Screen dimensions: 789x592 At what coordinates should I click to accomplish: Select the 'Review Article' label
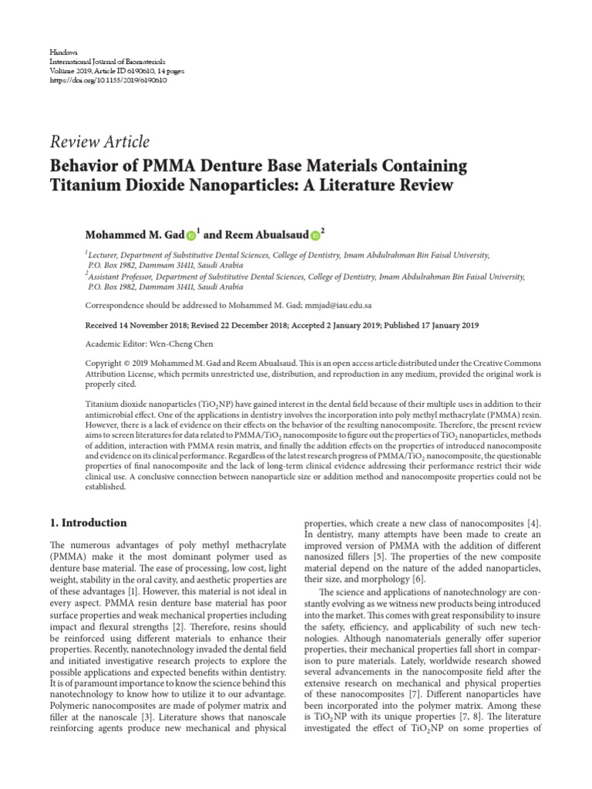coord(99,142)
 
